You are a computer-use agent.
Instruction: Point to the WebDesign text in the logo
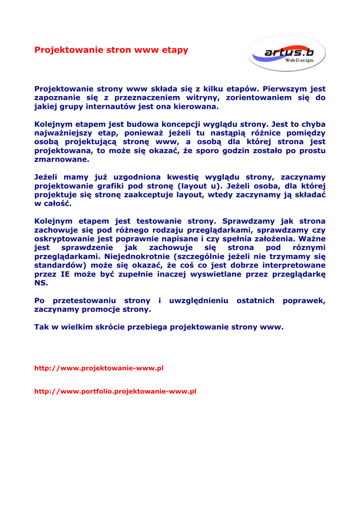point(299,60)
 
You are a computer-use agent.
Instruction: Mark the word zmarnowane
point(62,160)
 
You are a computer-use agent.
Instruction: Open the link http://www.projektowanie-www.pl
point(99,368)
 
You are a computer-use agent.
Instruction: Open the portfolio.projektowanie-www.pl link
point(115,391)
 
